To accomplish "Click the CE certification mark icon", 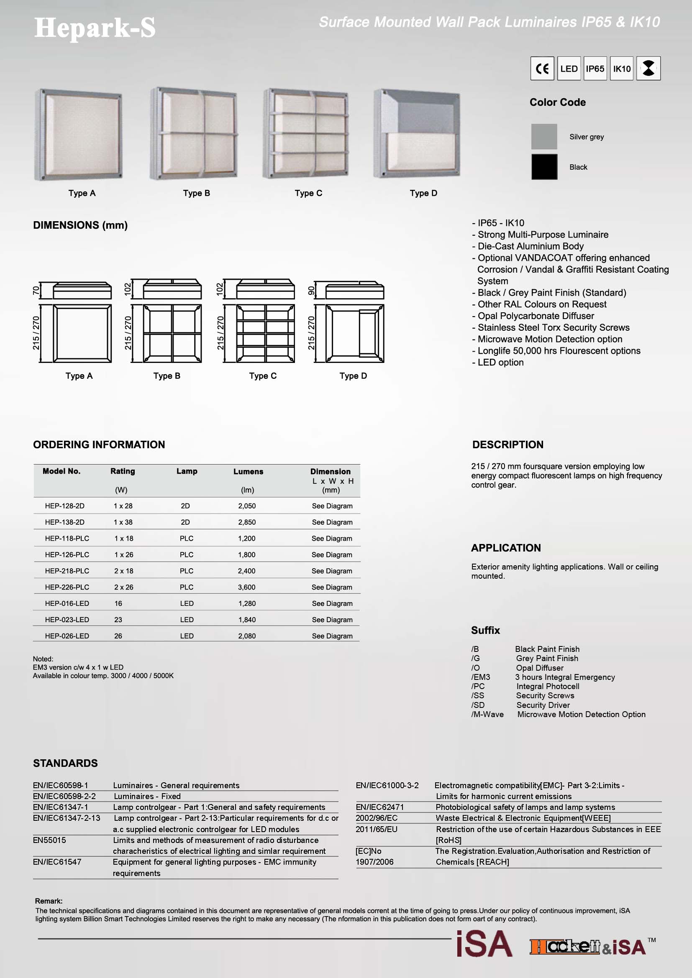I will coord(542,69).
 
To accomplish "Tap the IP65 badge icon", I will coord(595,69).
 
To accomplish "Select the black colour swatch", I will coord(544,167).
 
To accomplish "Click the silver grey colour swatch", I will coord(544,137).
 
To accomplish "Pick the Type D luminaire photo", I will coord(416,134).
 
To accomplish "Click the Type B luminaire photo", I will coord(193,133).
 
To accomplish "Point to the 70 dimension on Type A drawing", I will coord(36,291).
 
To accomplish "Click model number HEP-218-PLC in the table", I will coord(67,571).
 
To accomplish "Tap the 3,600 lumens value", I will coord(247,587).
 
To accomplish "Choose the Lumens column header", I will coord(248,472).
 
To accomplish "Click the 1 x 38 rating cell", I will coord(123,522).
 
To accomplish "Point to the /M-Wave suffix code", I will coord(487,714).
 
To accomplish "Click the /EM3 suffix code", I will coord(481,677).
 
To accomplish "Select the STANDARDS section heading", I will coord(65,764).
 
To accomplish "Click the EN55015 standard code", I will coord(49,840).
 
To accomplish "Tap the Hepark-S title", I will coord(95,28).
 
